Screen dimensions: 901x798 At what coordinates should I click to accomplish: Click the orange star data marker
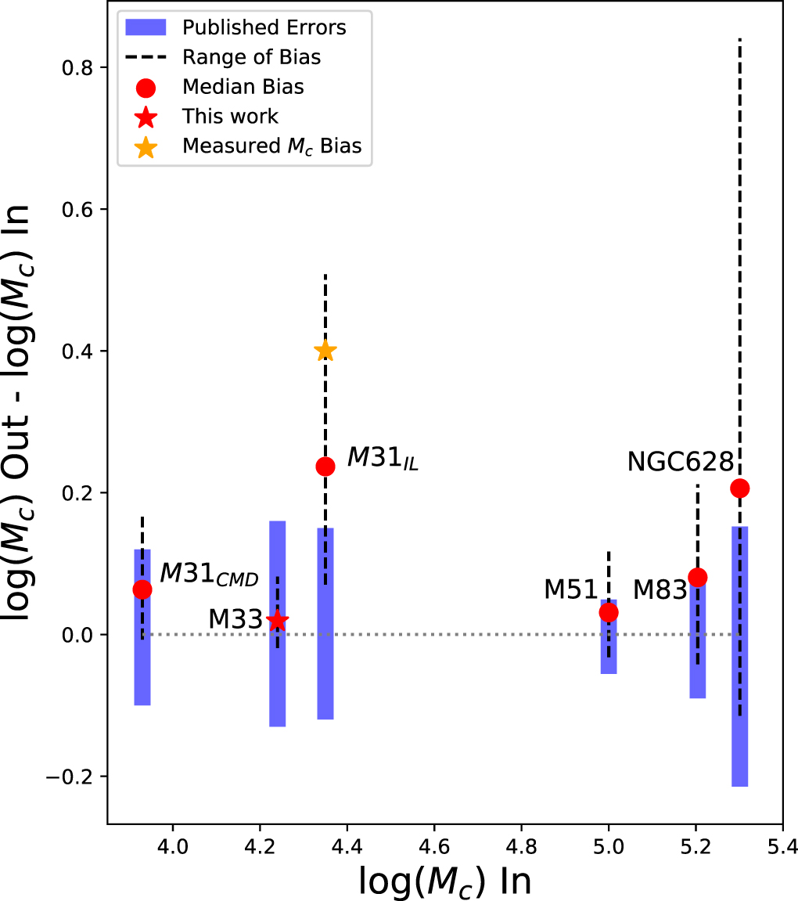point(325,351)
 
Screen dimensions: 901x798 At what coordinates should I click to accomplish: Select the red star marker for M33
point(277,620)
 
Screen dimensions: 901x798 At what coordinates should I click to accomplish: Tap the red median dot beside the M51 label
point(609,612)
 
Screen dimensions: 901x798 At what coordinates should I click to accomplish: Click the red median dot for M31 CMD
point(142,589)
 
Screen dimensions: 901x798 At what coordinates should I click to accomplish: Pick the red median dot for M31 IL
point(325,467)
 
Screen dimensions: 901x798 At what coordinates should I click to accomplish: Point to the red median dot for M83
point(697,578)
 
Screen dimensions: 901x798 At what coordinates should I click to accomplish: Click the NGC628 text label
point(681,462)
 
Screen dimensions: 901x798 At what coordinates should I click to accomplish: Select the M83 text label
point(659,589)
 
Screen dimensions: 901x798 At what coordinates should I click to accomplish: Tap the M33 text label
point(235,619)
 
